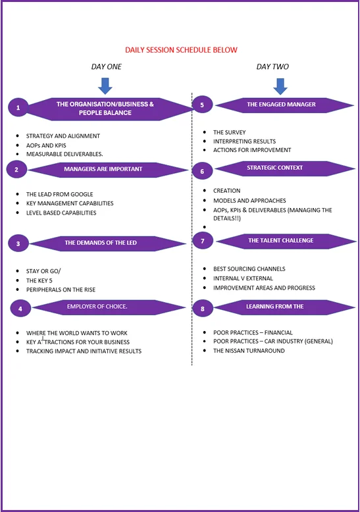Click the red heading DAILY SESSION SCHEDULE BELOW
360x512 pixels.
coord(181,50)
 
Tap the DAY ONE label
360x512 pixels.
coord(106,66)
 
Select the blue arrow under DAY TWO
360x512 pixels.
coord(280,86)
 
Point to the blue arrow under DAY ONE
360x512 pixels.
coord(105,86)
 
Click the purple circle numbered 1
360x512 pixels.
coord(18,107)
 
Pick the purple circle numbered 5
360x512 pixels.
coord(202,105)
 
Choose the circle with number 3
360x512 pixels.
coord(18,243)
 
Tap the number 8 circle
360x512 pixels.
coord(203,308)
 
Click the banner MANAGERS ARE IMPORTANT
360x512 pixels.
coord(108,170)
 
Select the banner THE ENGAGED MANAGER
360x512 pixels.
coord(284,105)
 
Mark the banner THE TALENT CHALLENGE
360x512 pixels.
coord(286,242)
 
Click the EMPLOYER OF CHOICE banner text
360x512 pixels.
coord(97,306)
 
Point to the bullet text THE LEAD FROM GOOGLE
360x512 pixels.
coord(60,194)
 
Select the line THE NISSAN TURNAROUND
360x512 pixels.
coord(249,351)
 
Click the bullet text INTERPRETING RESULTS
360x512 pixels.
coord(244,141)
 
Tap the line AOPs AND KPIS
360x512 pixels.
coord(46,145)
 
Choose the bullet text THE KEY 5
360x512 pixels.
coord(39,280)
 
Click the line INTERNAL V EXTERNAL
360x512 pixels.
coord(243,278)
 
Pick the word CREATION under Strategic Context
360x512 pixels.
coord(226,191)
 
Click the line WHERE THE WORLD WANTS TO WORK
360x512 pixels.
coord(77,333)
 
